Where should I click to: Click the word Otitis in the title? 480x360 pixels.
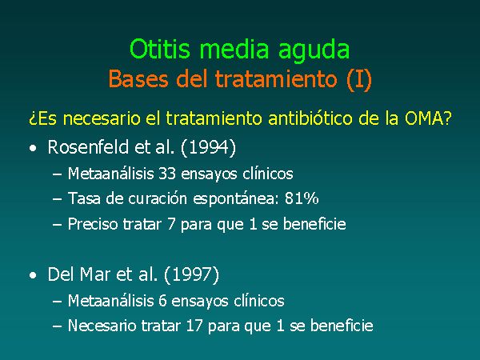click(x=160, y=49)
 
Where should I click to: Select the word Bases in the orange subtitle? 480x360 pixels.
click(x=138, y=78)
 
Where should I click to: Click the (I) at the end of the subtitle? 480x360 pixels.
click(x=359, y=79)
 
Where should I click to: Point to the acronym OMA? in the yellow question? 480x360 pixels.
click(x=428, y=118)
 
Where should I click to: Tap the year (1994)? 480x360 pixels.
click(x=209, y=147)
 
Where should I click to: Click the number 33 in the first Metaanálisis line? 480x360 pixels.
click(x=167, y=174)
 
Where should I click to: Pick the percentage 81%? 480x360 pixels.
click(x=302, y=198)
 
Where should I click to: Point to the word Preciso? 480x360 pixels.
click(x=93, y=224)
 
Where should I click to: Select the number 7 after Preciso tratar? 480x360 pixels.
click(x=171, y=224)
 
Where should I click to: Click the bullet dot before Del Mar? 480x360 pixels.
click(x=33, y=275)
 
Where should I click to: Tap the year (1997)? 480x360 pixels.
click(x=192, y=274)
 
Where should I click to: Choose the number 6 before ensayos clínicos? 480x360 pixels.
click(x=162, y=301)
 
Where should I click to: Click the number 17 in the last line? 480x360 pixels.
click(x=194, y=326)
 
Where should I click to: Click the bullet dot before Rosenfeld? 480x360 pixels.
click(x=33, y=149)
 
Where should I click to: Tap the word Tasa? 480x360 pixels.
click(x=84, y=198)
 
